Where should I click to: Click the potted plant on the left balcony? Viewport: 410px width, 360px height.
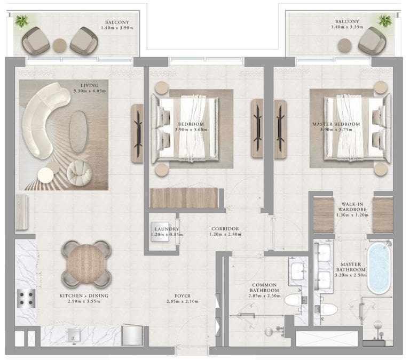coord(22,21)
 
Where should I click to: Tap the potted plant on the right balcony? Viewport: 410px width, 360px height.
coord(385,21)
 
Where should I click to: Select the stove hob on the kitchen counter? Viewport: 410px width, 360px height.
coord(25,298)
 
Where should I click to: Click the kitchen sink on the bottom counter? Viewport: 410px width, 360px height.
coord(73,335)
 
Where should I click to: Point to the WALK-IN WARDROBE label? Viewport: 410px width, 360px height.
coord(351,206)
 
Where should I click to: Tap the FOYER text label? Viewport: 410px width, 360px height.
coord(182,295)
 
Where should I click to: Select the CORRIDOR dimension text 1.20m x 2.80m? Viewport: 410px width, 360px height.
coord(224,235)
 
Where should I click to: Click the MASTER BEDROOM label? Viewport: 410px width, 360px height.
coord(336,124)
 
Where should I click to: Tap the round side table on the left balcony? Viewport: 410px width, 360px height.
coord(60,45)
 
